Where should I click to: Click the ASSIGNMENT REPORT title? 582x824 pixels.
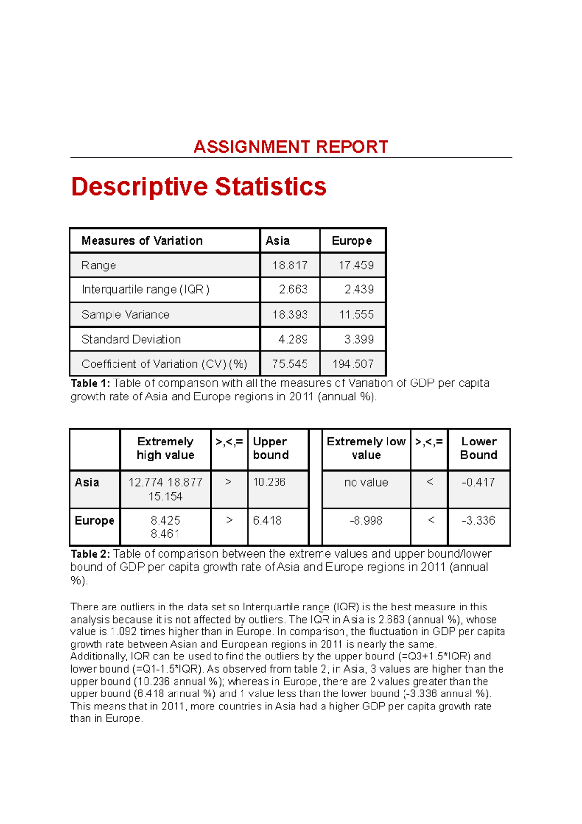(x=291, y=147)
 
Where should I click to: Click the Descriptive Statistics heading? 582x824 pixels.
(x=199, y=187)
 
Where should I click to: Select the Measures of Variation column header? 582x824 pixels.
(x=142, y=241)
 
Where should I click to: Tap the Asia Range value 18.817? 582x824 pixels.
(x=290, y=265)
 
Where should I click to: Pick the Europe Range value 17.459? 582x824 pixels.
(x=356, y=265)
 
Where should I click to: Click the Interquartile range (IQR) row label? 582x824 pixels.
(x=145, y=290)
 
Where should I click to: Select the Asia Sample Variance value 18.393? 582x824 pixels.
(x=290, y=314)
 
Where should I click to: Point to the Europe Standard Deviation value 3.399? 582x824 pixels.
(x=359, y=339)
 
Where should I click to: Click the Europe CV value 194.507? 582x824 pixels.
(x=353, y=364)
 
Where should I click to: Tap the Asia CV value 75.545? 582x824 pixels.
(x=290, y=364)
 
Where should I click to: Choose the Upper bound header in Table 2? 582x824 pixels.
(x=271, y=448)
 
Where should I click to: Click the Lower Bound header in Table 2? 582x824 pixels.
(x=479, y=448)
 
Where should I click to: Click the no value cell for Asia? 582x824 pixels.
(x=366, y=483)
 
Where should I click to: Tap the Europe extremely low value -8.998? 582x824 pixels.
(x=366, y=521)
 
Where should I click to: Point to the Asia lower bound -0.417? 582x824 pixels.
(x=478, y=482)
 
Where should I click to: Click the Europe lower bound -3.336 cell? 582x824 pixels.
(x=478, y=521)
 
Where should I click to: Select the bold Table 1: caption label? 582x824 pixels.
(x=91, y=383)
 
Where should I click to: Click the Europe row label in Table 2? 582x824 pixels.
(x=95, y=521)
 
